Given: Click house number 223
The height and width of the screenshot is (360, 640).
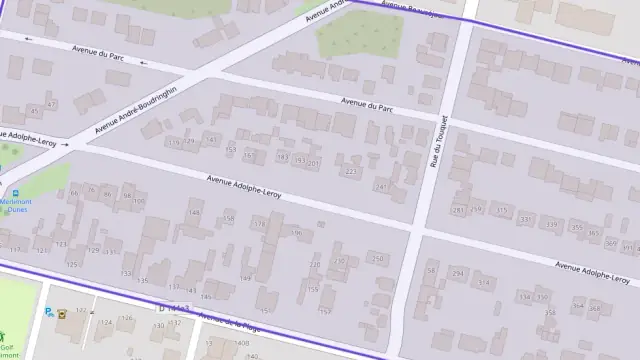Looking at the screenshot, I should (350, 172).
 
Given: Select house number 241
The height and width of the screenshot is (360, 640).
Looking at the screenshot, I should (380, 187).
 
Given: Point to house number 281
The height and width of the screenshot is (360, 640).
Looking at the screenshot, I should (458, 210).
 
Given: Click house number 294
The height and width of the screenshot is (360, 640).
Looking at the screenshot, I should (458, 273).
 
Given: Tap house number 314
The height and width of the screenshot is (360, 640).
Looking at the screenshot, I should (484, 283).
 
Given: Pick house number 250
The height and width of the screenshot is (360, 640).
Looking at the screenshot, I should (376, 259).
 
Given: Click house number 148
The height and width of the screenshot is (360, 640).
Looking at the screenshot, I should (194, 211).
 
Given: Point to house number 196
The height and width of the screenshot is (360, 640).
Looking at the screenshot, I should (296, 233).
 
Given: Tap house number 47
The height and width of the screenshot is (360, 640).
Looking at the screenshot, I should (37, 109).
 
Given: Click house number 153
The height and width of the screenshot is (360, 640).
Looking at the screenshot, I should (231, 151).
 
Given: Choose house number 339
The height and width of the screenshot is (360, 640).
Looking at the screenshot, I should (551, 226).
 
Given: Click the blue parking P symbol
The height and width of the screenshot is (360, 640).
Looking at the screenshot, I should (48, 311).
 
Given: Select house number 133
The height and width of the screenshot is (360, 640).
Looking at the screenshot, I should (126, 272).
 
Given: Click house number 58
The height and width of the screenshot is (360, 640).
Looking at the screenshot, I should (432, 269).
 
